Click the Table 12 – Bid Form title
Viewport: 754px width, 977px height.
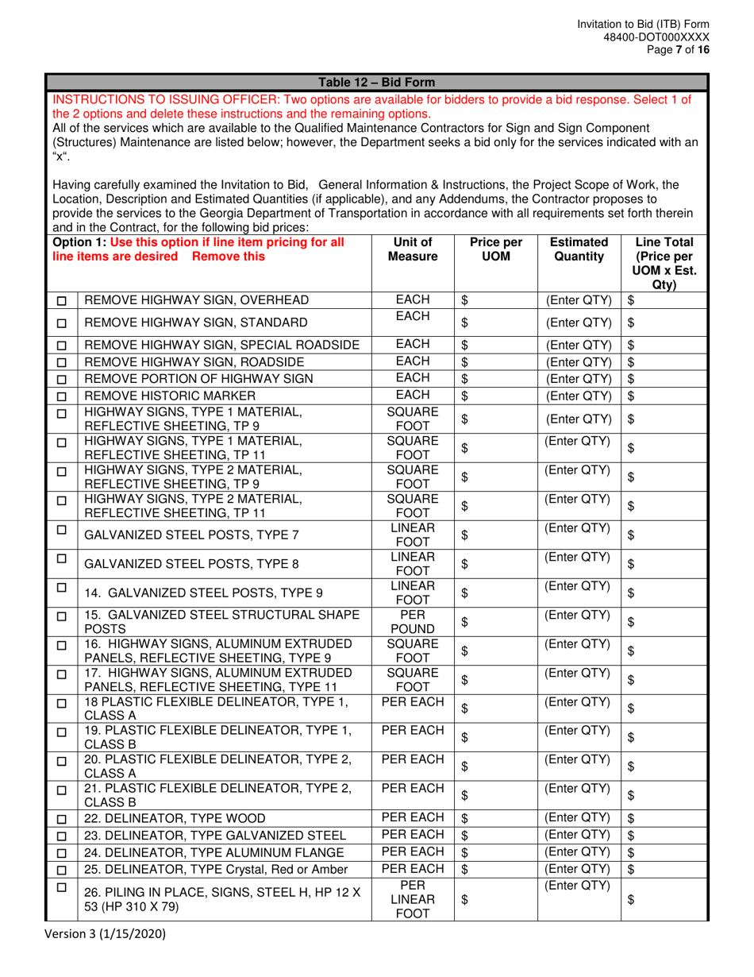(376, 82)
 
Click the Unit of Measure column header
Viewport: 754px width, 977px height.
(413, 249)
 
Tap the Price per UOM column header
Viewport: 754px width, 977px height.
(495, 249)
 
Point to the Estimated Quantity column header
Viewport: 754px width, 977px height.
(579, 249)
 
